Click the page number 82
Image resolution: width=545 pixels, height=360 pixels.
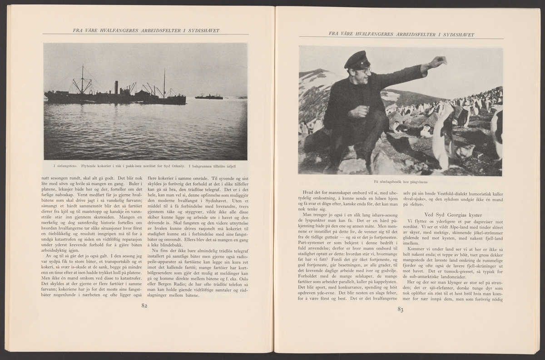(145, 305)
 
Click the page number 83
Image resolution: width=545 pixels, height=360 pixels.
(400, 310)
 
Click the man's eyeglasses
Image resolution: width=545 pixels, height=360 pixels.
(363, 70)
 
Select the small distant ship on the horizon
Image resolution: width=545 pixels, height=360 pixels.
(208, 96)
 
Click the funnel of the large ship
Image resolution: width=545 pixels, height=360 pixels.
(116, 87)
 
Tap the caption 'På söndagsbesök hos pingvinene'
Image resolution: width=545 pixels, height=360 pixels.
(400, 181)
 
